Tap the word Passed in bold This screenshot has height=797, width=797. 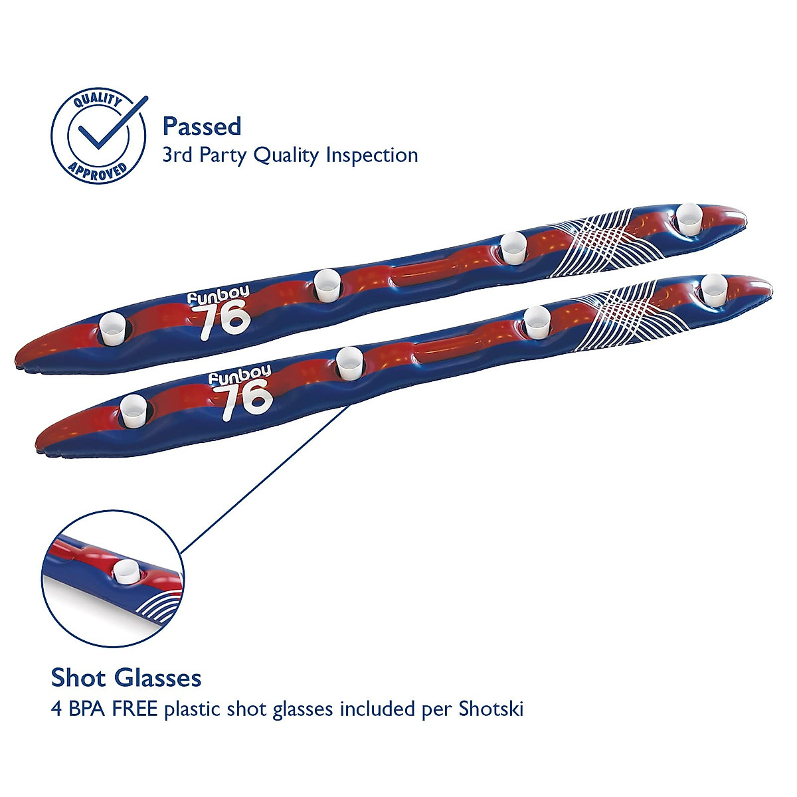point(202,126)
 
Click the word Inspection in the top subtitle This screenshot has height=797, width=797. point(371,155)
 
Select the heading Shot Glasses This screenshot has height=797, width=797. point(126,678)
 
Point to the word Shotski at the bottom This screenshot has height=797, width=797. point(491,709)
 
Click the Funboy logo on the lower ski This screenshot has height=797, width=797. point(239,375)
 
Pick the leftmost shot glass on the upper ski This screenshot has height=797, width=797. point(112,329)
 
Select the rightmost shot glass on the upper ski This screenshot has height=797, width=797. point(690,217)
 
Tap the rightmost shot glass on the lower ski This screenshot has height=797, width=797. point(714,288)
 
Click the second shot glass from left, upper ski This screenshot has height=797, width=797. point(327,284)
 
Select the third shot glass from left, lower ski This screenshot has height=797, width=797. point(537,321)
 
